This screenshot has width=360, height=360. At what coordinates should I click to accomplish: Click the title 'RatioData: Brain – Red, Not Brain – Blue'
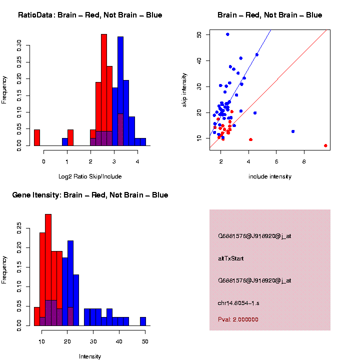click(90, 15)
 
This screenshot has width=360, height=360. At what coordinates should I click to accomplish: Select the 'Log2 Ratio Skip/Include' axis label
click(90, 176)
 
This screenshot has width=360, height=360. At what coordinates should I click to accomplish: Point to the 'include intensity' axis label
click(269, 176)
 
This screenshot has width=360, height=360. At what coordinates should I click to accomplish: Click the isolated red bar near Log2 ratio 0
click(37, 137)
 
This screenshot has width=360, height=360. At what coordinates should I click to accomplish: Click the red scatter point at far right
click(325, 145)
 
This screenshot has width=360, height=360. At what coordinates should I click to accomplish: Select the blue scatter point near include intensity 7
click(292, 131)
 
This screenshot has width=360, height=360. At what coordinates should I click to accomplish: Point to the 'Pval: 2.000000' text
click(238, 319)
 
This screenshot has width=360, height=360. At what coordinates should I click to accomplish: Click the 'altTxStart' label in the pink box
click(230, 258)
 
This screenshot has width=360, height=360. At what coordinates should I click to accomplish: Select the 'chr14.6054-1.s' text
click(238, 303)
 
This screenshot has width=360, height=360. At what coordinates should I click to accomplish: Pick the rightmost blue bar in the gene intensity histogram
click(142, 321)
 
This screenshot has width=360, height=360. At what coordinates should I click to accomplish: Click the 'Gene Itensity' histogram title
click(90, 195)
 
